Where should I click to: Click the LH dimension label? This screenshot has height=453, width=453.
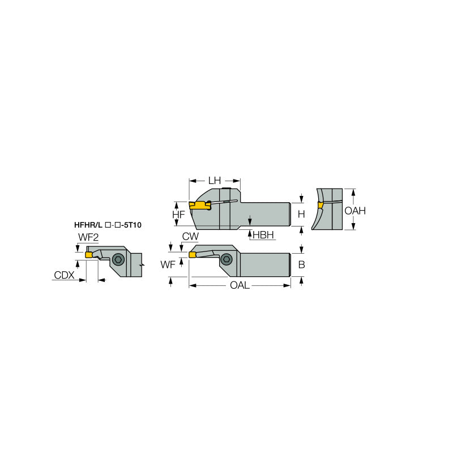[x=214, y=181]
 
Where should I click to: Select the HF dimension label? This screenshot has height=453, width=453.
[x=178, y=215]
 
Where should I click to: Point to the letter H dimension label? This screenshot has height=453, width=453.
[x=301, y=215]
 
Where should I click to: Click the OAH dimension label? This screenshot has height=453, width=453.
[x=355, y=211]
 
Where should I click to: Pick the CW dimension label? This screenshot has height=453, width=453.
[x=190, y=236]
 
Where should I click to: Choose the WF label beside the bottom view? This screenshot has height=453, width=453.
[x=168, y=264]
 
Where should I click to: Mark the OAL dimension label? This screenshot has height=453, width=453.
[x=240, y=285]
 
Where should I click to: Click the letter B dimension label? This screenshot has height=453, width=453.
[x=301, y=264]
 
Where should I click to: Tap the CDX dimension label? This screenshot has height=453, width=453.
[x=64, y=275]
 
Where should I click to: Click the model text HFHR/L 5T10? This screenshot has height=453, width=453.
[x=108, y=224]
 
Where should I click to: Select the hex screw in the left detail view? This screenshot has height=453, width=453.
[x=118, y=260]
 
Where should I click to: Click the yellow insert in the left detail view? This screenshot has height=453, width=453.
[x=89, y=254]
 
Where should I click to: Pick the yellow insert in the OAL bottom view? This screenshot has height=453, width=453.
[x=193, y=254]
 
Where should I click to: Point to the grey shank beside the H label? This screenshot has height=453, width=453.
[x=266, y=214]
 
